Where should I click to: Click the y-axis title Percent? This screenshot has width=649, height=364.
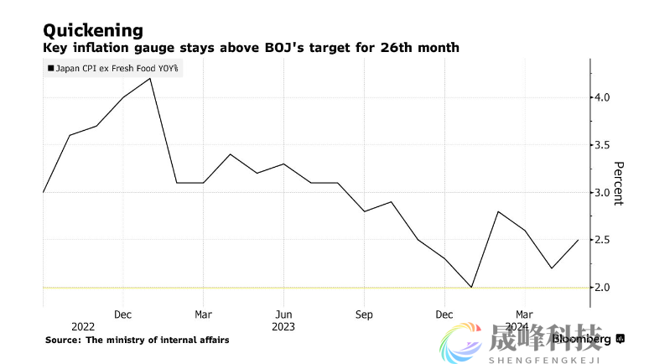coord(619,184)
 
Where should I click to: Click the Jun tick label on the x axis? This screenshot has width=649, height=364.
coord(283,315)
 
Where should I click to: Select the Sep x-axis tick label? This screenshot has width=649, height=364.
coord(364,315)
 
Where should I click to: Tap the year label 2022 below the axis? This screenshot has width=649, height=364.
coord(83,326)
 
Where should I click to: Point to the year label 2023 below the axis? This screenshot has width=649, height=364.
coord(283,326)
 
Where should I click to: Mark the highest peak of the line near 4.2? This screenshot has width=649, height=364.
coord(150,78)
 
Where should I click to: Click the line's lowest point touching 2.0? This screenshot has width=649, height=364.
coord(472,288)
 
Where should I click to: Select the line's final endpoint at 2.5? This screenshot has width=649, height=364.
coord(579,240)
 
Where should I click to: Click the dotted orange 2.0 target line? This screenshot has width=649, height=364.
coord(252,288)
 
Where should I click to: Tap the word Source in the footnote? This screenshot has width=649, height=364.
coord(64,340)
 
